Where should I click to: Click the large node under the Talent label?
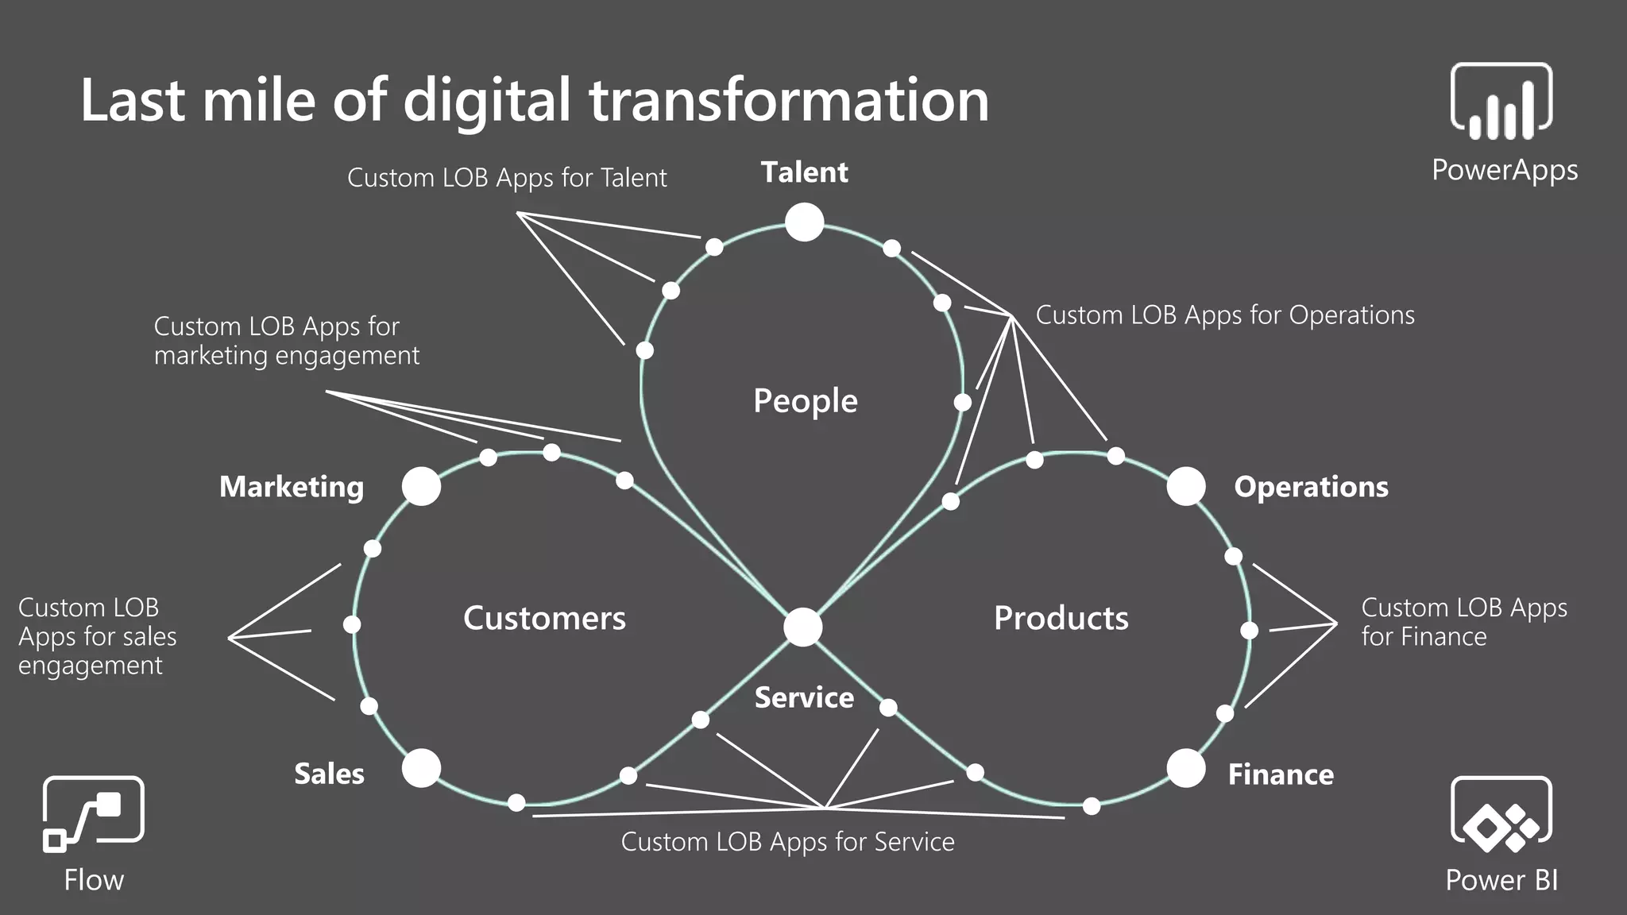804,222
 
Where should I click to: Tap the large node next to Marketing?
421,486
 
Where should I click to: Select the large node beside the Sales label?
421,768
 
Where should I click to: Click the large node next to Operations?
1185,486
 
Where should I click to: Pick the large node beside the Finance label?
1185,768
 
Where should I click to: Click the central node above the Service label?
802,627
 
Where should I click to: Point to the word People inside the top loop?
805,401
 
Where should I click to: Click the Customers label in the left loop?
544,618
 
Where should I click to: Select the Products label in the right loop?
1061,618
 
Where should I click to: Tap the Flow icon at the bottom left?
93,814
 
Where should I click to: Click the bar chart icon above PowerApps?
1501,102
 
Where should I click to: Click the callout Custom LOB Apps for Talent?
507,177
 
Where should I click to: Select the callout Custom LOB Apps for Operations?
1224,315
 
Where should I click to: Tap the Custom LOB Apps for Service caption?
787,842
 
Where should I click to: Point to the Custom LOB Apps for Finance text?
1463,622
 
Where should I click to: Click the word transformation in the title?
788,100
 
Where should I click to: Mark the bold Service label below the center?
804,697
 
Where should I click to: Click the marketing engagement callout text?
286,341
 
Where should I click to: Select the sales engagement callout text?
97,636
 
